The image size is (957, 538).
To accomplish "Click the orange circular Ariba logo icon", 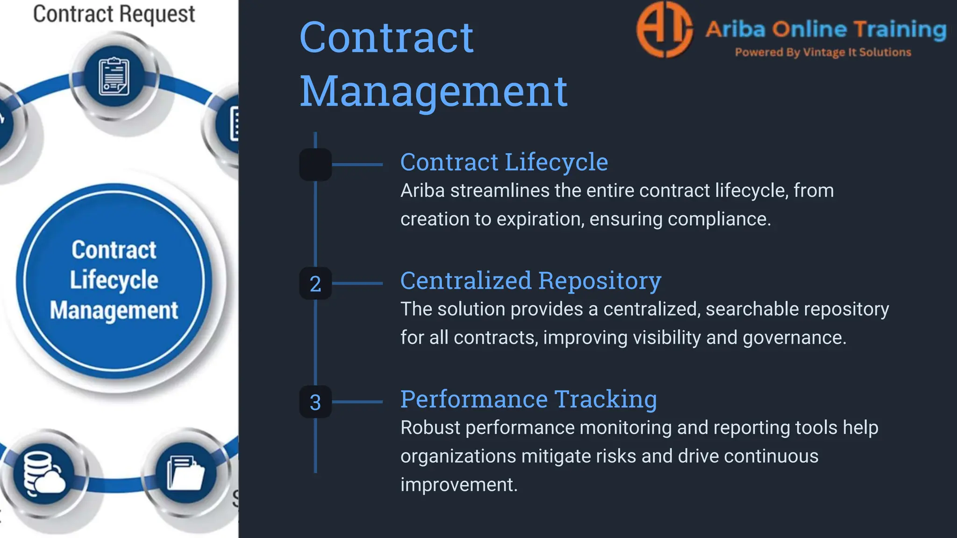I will click(664, 29).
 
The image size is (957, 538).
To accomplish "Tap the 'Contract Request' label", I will click(114, 14).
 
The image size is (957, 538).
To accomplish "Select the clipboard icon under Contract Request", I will click(114, 77).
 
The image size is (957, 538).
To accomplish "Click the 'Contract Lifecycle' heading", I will click(504, 163).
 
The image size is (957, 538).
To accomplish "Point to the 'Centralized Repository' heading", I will click(530, 281).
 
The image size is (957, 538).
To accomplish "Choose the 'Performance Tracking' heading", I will click(528, 399).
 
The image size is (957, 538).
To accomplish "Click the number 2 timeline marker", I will click(315, 283).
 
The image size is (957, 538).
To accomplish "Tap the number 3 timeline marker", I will click(315, 402).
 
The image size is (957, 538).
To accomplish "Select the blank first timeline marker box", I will click(315, 164).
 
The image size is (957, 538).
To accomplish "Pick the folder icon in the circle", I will click(186, 473).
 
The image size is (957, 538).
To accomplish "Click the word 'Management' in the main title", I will click(433, 91).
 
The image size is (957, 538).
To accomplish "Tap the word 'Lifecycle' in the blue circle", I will click(114, 280).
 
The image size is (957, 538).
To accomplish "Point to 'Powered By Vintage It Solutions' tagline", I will click(823, 52).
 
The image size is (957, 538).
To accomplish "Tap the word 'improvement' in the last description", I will click(458, 485).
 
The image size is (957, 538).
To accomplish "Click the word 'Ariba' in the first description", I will click(422, 191).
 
